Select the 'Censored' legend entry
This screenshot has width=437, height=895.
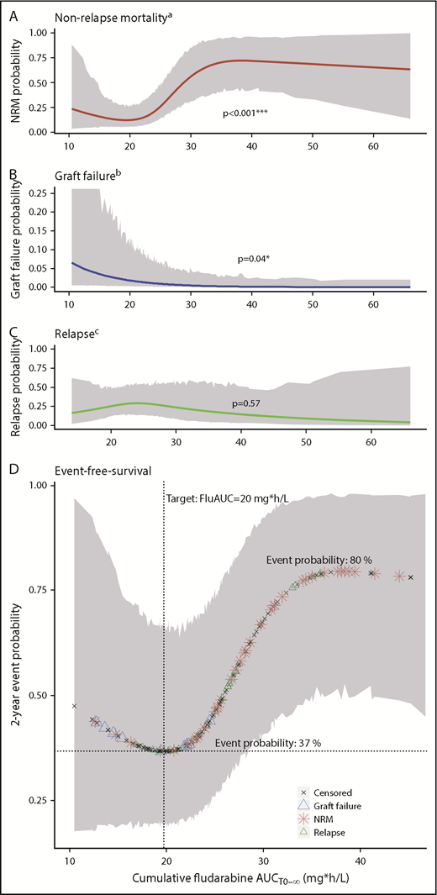tap(330, 792)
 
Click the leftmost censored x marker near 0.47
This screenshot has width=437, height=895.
tap(74, 706)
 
